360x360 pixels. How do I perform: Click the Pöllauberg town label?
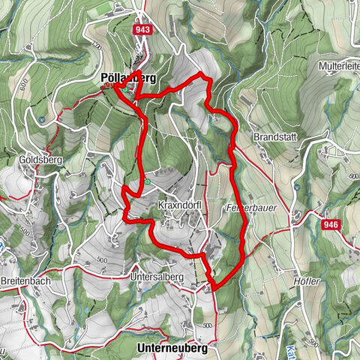[x=127, y=77]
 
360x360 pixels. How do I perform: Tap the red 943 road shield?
[x=142, y=28]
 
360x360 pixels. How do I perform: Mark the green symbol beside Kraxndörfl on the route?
[x=148, y=181]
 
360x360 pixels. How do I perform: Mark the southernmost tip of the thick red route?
[x=214, y=288]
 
